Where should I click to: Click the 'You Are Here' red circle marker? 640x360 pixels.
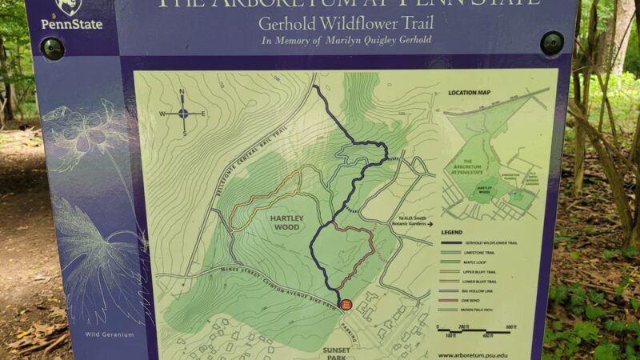tap(346, 304)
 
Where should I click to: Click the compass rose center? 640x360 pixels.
tap(183, 113)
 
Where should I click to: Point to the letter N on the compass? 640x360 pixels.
tap(182, 92)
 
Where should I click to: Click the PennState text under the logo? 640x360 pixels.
tap(72, 25)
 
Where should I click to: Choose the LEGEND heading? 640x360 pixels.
tap(454, 232)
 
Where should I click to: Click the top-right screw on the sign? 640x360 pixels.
tap(551, 43)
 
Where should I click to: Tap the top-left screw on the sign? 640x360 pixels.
tap(53, 49)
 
